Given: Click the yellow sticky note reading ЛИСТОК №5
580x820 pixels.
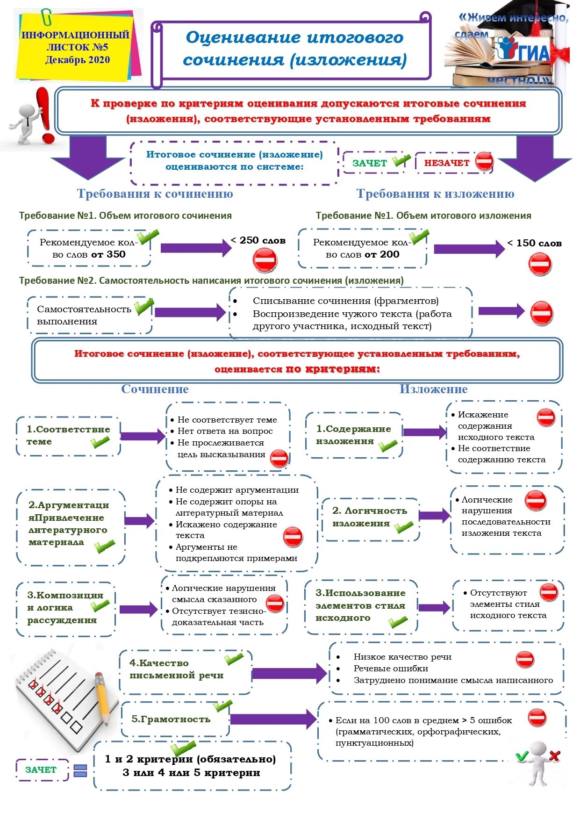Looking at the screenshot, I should click(77, 47).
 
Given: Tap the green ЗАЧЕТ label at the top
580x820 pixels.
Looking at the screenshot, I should click(370, 163).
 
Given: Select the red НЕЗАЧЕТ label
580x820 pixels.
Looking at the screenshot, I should click(447, 163).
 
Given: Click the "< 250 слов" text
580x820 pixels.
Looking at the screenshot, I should click(258, 240).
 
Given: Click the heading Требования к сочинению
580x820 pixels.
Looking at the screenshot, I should click(155, 194).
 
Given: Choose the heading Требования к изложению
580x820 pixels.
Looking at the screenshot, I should click(435, 194).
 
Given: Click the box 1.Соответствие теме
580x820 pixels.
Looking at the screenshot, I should click(68, 436).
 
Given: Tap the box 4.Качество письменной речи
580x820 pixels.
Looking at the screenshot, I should click(185, 671).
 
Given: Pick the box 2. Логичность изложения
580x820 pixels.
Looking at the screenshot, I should click(370, 518).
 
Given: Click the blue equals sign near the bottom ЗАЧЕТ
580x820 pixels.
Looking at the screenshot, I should click(80, 770).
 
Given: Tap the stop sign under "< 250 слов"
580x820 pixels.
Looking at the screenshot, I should click(265, 260).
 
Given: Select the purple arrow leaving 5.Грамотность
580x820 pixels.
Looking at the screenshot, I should click(273, 719).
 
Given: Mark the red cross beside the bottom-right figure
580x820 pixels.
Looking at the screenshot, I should click(554, 755).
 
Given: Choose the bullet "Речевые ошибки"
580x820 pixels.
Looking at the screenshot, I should click(391, 669).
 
